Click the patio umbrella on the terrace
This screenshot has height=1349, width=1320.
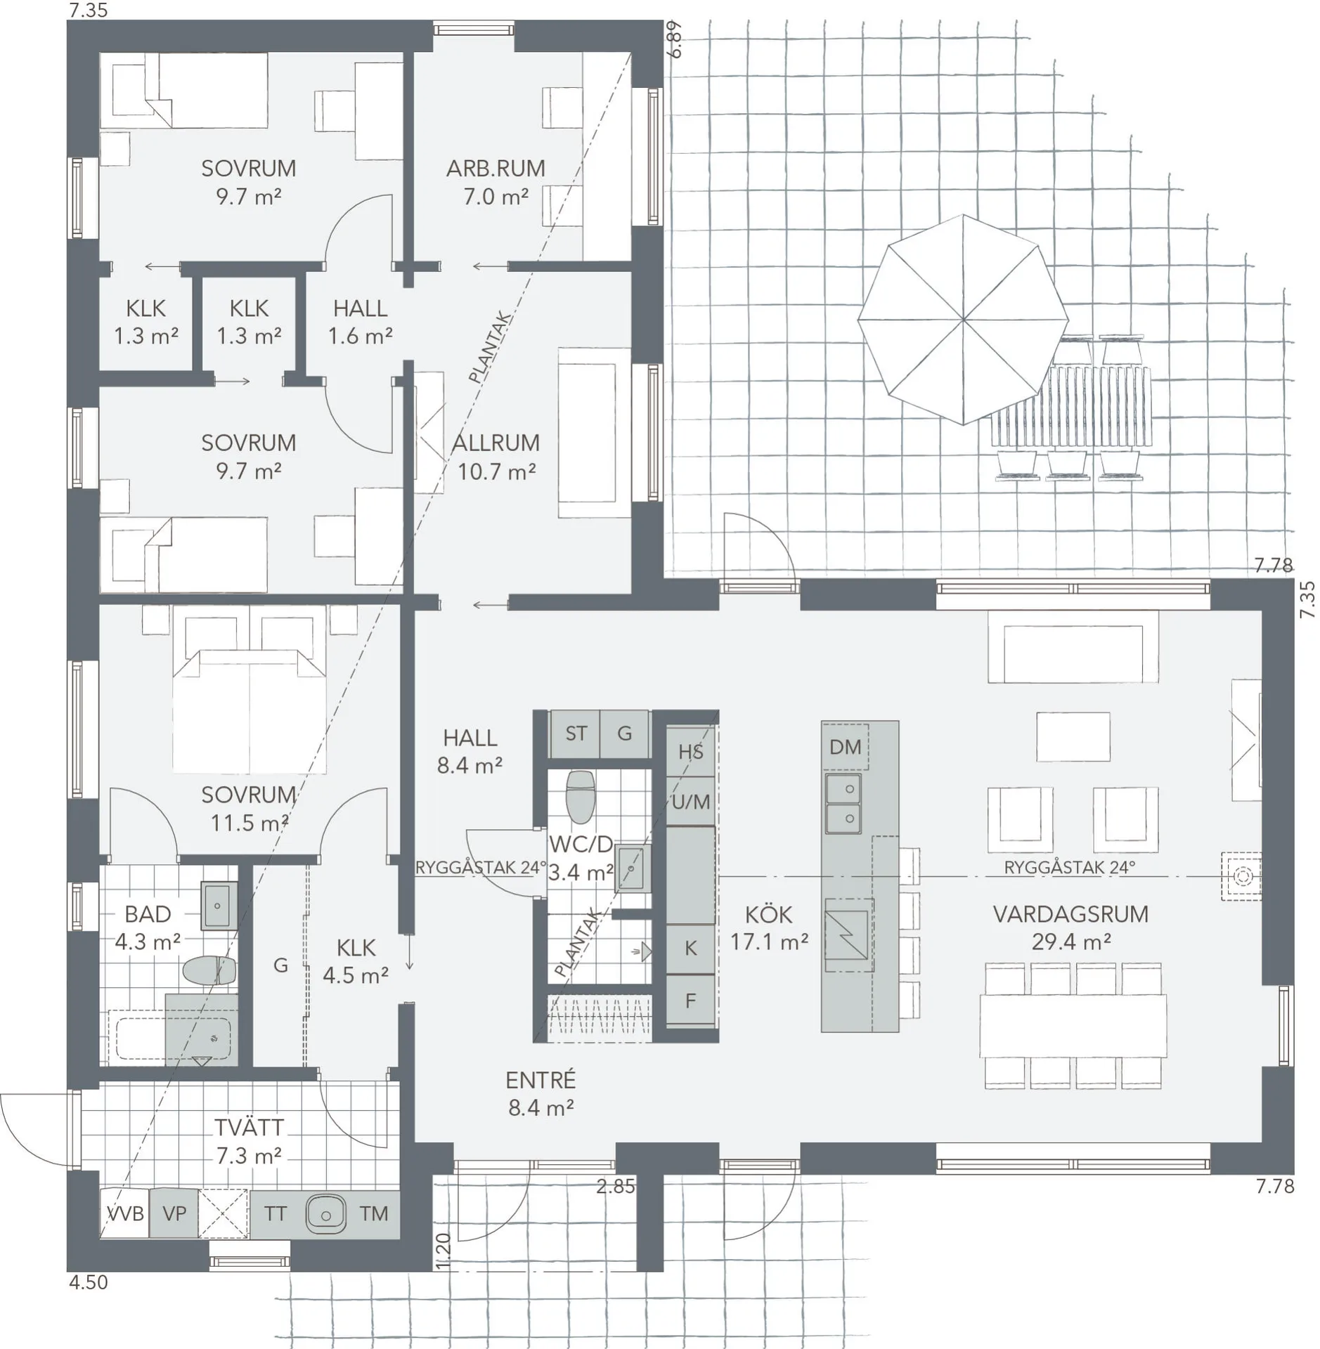[x=962, y=320]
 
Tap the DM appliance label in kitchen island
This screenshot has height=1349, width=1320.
[x=845, y=747]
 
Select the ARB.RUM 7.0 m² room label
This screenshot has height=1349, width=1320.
[x=496, y=182]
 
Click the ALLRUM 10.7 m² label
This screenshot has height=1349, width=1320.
[x=496, y=457]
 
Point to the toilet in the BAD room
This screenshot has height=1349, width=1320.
[x=209, y=971]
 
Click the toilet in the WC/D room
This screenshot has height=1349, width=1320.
[x=581, y=797]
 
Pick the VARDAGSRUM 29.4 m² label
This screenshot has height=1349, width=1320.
[x=1070, y=927]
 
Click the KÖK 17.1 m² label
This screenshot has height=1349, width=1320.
[x=769, y=927]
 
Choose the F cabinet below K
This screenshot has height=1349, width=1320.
[x=690, y=1001]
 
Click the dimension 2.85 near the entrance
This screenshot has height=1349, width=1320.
[x=615, y=1187]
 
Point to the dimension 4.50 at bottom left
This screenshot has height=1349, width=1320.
[x=89, y=1282]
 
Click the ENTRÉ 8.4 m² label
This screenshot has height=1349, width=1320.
[x=541, y=1093]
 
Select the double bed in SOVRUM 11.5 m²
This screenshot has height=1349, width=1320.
[x=250, y=710]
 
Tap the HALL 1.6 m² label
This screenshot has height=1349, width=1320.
[x=360, y=322]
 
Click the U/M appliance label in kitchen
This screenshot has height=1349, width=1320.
[x=690, y=802]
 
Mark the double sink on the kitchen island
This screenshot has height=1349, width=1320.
[x=843, y=803]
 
